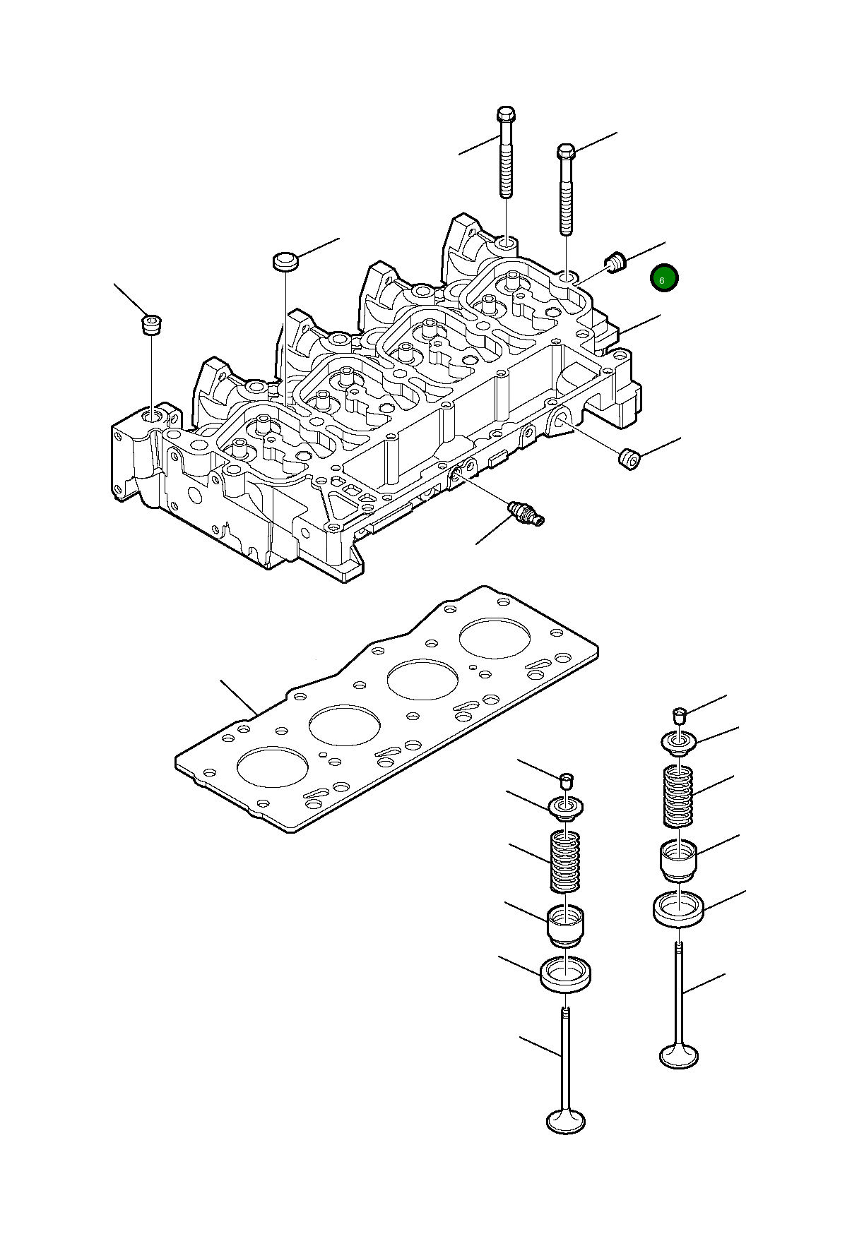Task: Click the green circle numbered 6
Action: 664,279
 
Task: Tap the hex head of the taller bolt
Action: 506,114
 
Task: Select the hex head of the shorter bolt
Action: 566,152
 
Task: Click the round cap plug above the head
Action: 285,260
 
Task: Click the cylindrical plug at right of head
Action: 629,458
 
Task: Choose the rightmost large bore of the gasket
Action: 495,639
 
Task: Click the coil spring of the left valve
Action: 565,861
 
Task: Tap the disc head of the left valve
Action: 566,1121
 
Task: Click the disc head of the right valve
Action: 678,1056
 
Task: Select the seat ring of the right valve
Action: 678,909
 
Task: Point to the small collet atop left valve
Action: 566,780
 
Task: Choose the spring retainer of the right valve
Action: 680,743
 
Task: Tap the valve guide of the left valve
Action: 566,925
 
